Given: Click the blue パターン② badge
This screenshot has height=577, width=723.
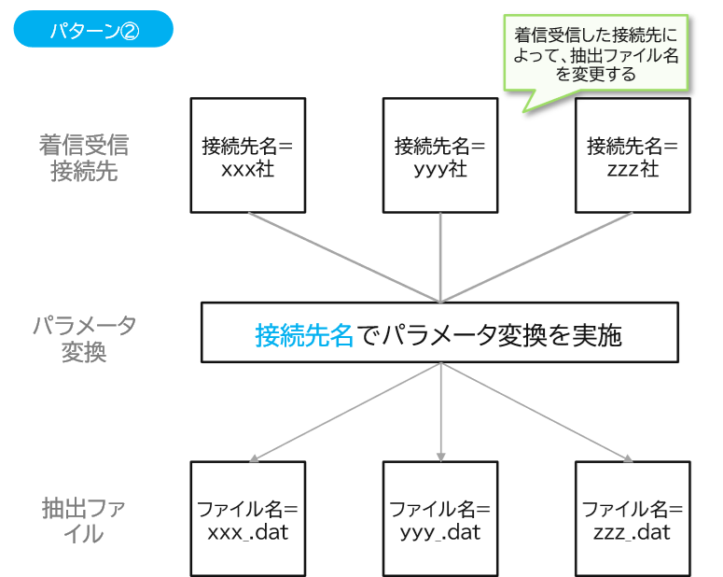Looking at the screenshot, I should click(x=93, y=29).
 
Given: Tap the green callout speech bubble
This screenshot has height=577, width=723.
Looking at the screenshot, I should click(x=596, y=51).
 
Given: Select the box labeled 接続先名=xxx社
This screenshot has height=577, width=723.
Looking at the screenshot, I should click(x=247, y=156).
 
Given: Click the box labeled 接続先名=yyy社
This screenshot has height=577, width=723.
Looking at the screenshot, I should click(x=439, y=156).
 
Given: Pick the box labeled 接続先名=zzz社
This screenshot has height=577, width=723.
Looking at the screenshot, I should click(x=632, y=156).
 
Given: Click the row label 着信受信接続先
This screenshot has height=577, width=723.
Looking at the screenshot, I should click(x=84, y=158).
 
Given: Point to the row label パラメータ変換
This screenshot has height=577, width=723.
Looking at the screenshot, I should click(x=84, y=339).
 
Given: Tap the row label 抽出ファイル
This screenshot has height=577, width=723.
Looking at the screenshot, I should click(x=84, y=520).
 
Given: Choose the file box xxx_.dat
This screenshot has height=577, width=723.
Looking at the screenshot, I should click(x=247, y=520).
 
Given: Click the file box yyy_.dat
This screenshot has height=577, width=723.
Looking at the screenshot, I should click(x=439, y=520).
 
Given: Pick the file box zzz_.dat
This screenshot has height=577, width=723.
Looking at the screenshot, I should click(x=632, y=520).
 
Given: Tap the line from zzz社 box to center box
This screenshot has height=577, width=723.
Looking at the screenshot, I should click(x=535, y=257).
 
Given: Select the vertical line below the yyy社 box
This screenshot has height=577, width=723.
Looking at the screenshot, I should click(x=439, y=257).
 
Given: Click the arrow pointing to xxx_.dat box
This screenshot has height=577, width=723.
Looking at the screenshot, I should click(x=345, y=412).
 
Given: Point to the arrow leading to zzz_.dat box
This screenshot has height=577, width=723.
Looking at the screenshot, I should click(x=535, y=412).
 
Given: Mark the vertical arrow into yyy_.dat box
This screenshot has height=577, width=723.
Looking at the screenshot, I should click(x=439, y=415).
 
